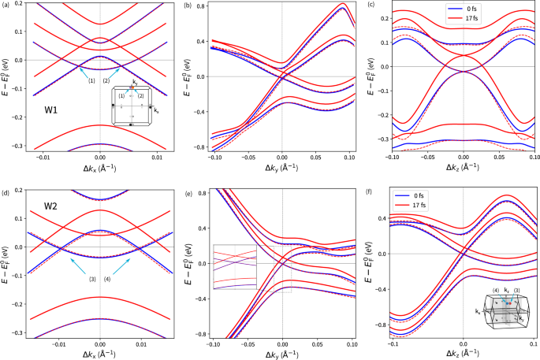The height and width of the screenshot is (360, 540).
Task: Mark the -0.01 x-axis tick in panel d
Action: click(58, 345)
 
